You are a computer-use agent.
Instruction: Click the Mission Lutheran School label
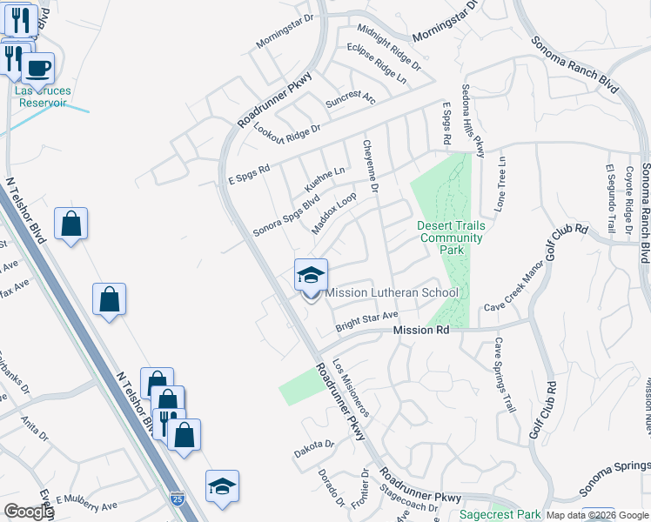(391, 292)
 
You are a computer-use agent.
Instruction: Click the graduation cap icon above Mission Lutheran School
(310, 277)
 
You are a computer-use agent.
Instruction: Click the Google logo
(28, 512)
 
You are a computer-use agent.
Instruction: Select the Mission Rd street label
(420, 331)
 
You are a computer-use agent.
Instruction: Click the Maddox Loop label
(334, 213)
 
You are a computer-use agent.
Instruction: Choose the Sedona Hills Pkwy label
(479, 121)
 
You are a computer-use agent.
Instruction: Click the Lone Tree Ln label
(502, 182)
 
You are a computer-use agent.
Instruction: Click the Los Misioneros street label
(352, 389)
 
